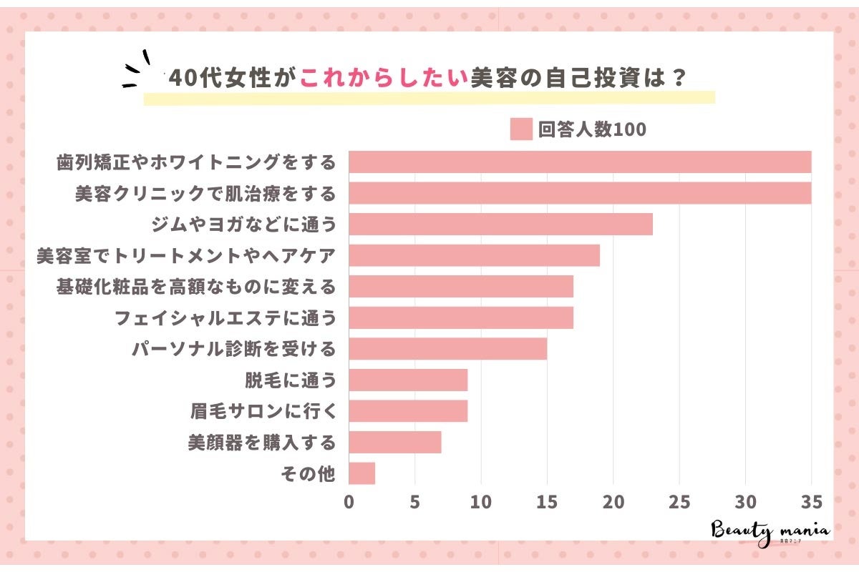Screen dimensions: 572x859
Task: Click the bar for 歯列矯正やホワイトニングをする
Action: (580, 162)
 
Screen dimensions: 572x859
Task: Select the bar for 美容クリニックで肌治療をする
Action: (580, 193)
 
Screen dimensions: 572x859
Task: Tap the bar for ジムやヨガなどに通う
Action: (500, 225)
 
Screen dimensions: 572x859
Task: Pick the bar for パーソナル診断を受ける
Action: (447, 349)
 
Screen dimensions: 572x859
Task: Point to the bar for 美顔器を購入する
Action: (394, 443)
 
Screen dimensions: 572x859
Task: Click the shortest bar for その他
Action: (361, 473)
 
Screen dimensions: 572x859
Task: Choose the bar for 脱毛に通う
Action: (408, 380)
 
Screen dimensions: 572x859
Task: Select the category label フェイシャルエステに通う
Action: (225, 318)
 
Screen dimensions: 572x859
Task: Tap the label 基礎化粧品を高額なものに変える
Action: (195, 287)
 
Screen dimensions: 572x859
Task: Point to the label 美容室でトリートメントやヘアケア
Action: (186, 256)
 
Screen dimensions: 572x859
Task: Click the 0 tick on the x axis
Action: (349, 502)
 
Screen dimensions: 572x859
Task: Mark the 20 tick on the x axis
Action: (613, 502)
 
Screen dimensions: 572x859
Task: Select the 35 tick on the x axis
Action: (811, 502)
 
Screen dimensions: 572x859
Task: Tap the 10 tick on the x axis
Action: (481, 502)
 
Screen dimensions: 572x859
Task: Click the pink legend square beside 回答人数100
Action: (521, 129)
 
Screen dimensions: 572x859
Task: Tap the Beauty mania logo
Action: (770, 532)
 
